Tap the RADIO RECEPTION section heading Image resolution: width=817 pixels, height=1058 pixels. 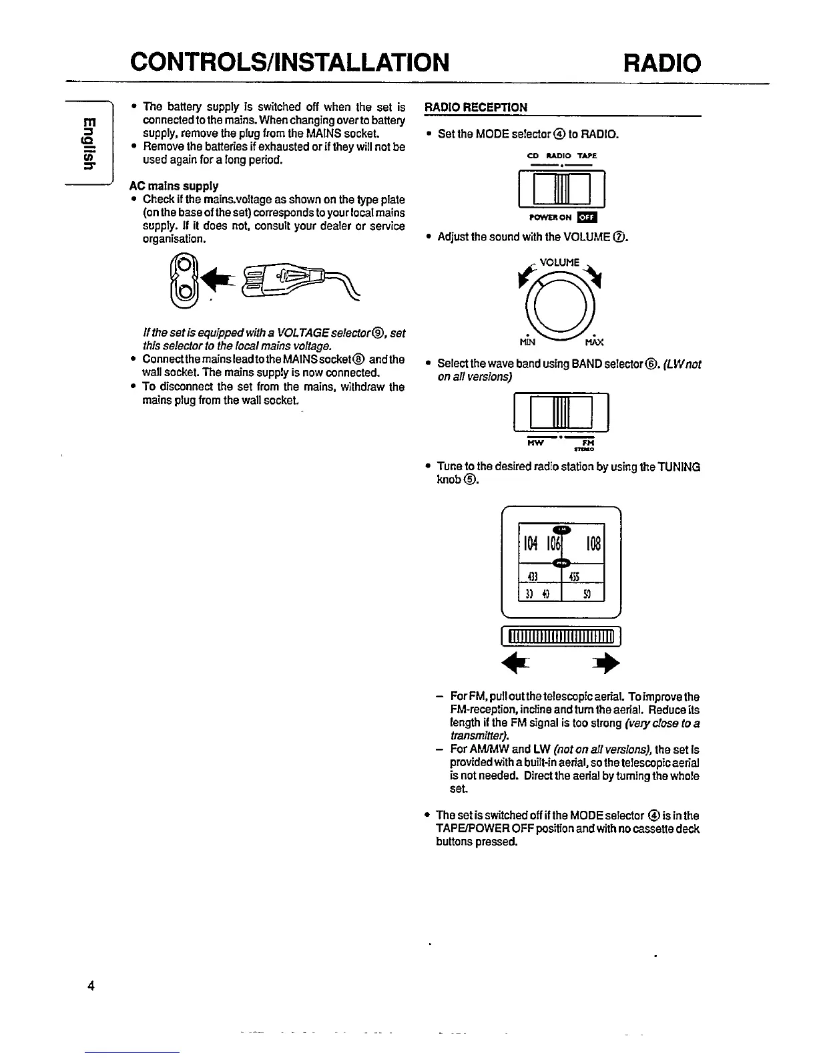click(x=476, y=107)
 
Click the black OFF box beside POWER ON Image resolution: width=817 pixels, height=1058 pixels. click(x=587, y=217)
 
